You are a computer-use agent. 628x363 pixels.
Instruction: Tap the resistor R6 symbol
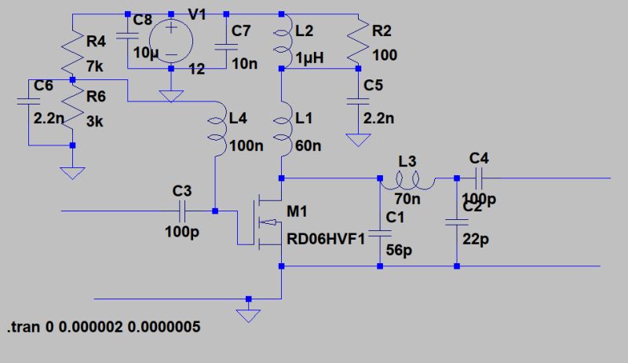click(71, 111)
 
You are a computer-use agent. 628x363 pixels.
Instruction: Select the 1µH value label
click(309, 58)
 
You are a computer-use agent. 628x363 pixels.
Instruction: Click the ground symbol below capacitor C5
click(358, 141)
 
